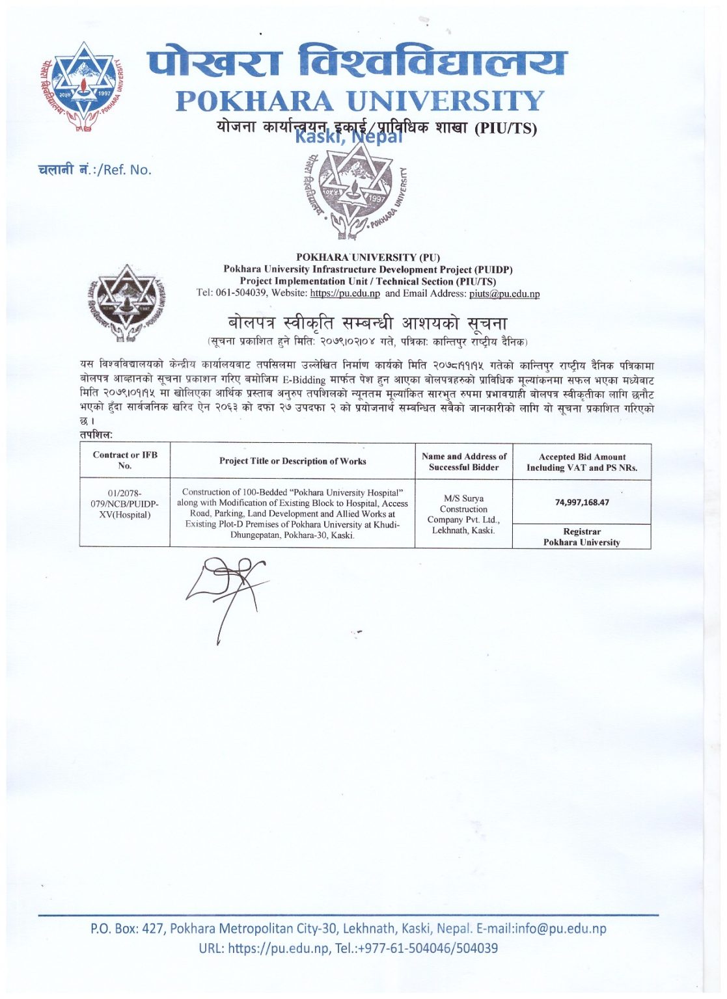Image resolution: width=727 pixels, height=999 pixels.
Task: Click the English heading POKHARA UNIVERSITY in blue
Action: [359, 101]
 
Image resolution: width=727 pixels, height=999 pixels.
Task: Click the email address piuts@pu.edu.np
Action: [504, 293]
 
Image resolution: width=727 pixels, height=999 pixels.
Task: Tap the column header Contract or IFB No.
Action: [125, 460]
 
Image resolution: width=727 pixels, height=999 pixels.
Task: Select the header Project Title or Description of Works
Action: [292, 461]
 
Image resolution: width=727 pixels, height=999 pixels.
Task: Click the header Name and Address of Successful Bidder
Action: [463, 462]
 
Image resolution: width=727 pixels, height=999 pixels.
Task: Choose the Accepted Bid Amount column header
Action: [581, 462]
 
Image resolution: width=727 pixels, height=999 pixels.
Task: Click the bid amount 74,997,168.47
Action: [582, 502]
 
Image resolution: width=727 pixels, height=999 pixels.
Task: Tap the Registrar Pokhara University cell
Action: [581, 537]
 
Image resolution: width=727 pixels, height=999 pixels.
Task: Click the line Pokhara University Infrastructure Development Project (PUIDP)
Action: [368, 269]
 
